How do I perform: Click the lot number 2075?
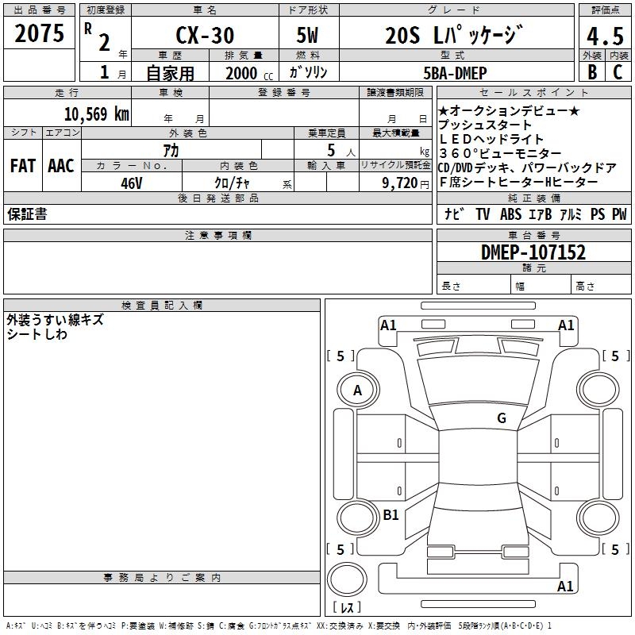[x=39, y=34]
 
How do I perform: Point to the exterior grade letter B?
[x=591, y=72]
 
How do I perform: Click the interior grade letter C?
[x=618, y=72]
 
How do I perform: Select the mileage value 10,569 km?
[x=96, y=114]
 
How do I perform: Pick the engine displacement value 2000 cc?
[x=246, y=73]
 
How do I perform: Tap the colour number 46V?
[x=131, y=182]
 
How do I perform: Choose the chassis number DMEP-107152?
[x=533, y=252]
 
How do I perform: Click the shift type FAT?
[x=22, y=166]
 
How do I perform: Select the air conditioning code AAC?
[x=61, y=166]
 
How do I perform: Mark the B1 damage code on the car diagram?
[x=391, y=514]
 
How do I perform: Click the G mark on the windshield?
[x=501, y=418]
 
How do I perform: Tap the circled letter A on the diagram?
[x=358, y=390]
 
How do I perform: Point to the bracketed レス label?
[x=348, y=608]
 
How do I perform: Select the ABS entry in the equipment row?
[x=510, y=214]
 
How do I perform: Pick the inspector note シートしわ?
[x=37, y=334]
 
